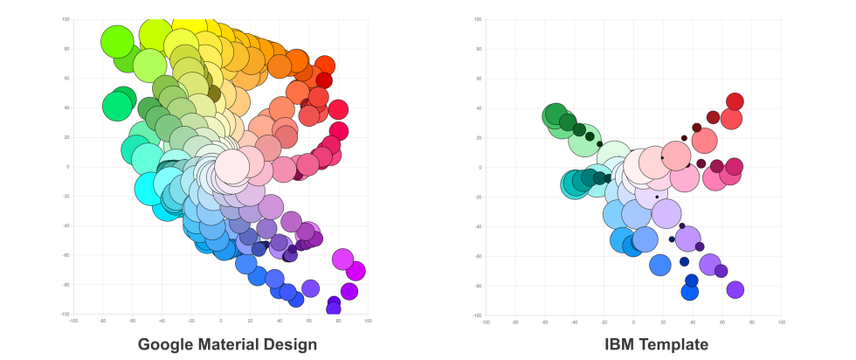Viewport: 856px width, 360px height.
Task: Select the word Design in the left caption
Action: [x=293, y=344]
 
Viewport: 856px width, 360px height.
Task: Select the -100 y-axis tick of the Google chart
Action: [x=65, y=314]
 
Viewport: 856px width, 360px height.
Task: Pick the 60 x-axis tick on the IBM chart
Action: [x=722, y=322]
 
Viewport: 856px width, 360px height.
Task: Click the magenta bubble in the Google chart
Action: [x=342, y=260]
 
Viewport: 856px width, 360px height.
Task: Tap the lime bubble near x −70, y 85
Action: [x=117, y=41]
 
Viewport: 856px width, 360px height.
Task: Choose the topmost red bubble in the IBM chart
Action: [x=735, y=102]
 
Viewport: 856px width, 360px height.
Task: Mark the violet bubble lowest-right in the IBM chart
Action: [x=735, y=289]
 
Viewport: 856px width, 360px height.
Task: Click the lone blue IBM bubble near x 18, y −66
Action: [x=660, y=265]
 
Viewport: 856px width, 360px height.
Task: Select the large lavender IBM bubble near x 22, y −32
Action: [x=666, y=213]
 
